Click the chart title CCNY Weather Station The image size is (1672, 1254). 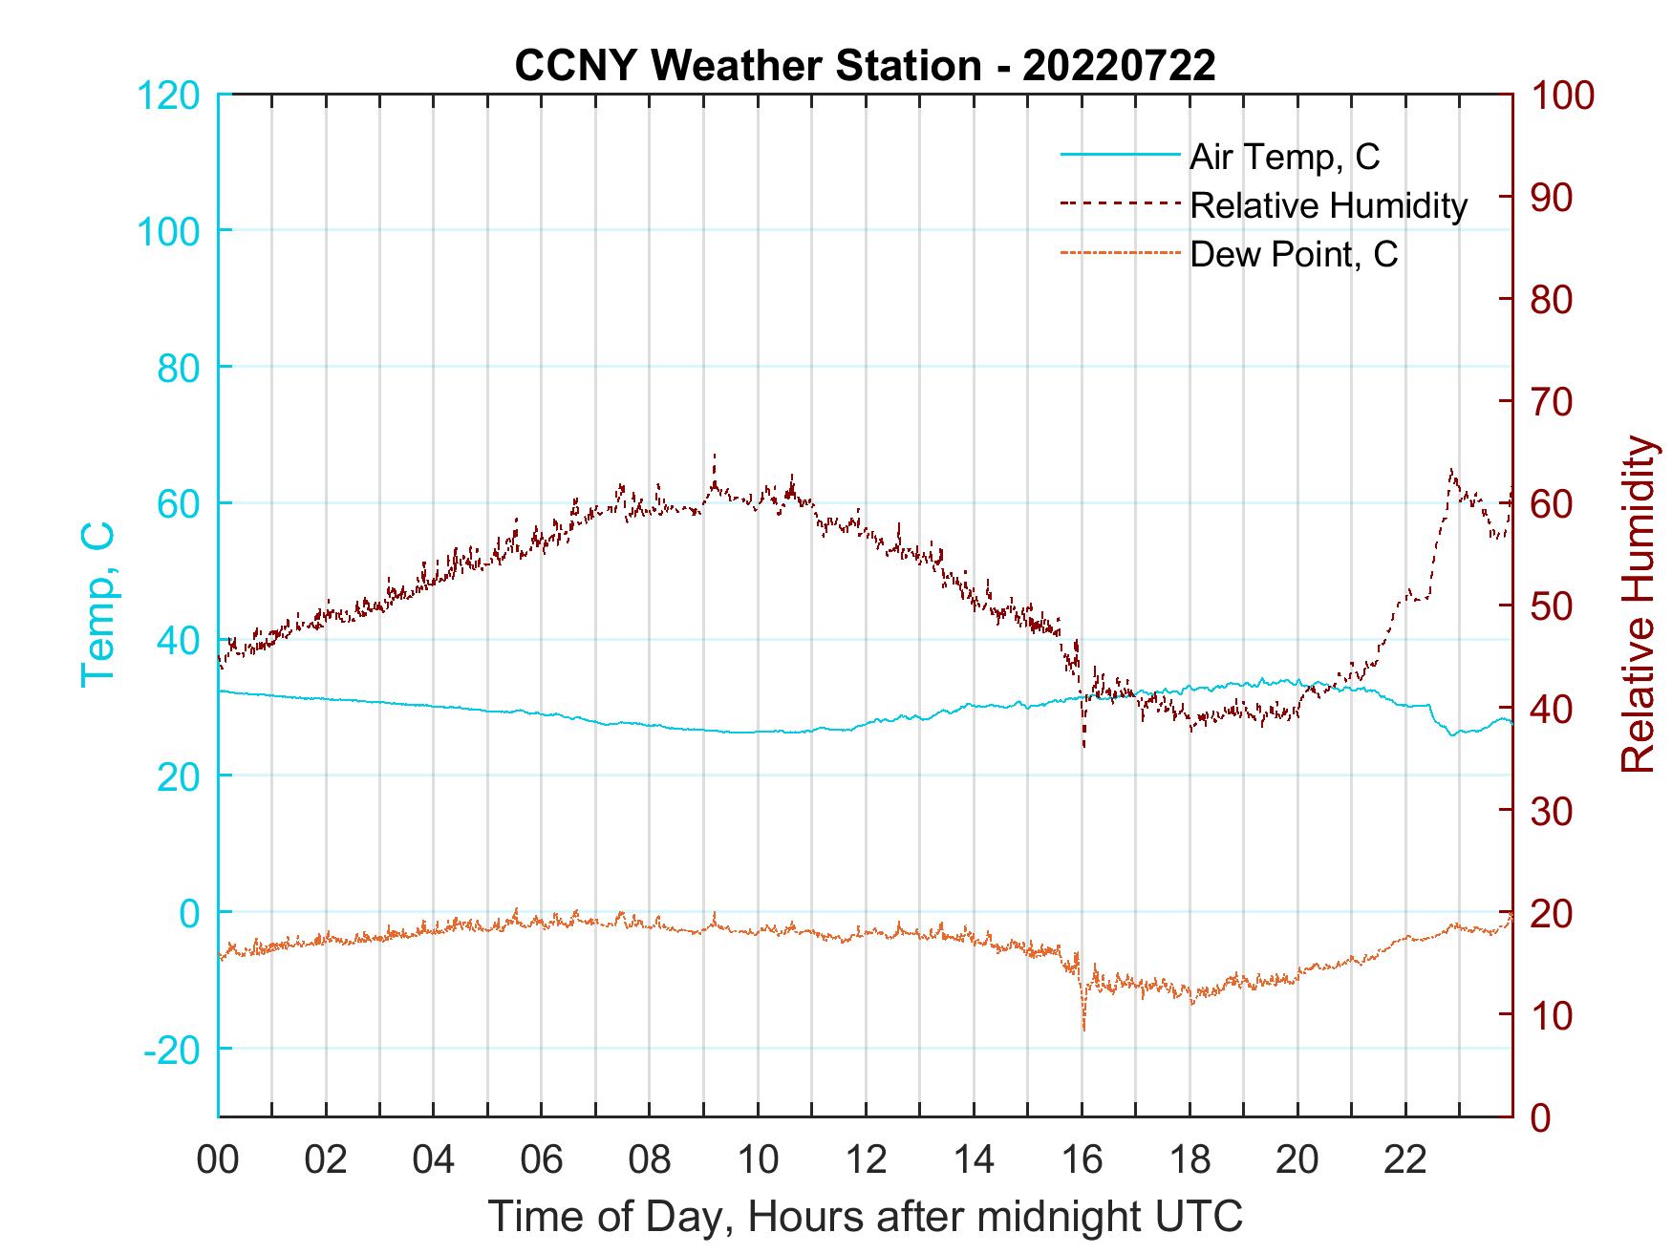(865, 65)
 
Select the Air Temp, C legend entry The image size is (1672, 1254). (1284, 156)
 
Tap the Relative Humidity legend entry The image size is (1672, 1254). (1328, 205)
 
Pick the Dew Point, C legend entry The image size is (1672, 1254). (1294, 255)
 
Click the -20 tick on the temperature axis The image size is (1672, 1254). (172, 1050)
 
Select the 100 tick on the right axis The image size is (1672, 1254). (1562, 96)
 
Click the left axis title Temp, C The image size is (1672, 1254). (97, 605)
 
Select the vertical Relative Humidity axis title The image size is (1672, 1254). (1638, 605)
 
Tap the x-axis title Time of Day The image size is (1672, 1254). (865, 1217)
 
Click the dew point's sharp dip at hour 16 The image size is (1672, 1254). (1083, 1028)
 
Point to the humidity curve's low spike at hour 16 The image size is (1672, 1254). (1083, 745)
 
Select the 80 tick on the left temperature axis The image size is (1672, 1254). (178, 368)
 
